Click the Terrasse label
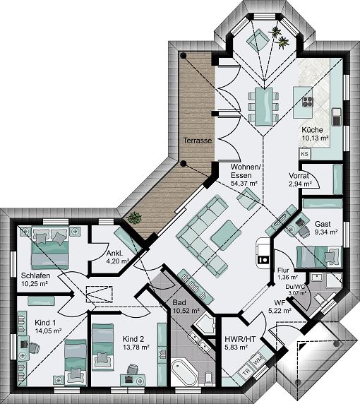point(198,141)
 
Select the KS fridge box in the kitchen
point(305,153)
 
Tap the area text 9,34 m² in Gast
point(326,231)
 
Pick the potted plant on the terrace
point(135,217)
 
